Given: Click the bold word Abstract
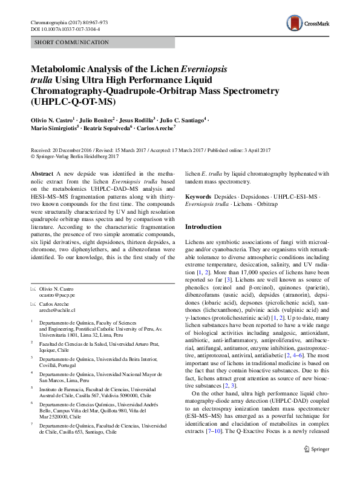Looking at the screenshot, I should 42,174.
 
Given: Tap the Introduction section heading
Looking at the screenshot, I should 203,226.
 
